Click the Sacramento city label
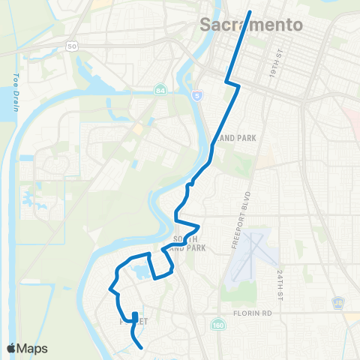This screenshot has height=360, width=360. (252, 25)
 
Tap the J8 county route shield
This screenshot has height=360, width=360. (338, 303)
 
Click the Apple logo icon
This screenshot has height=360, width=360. (11, 349)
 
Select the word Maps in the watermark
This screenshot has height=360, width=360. (34, 349)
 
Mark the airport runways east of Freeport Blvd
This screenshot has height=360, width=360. (247, 255)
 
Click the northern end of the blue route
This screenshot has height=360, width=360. (249, 10)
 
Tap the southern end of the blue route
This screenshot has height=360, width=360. (141, 346)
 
